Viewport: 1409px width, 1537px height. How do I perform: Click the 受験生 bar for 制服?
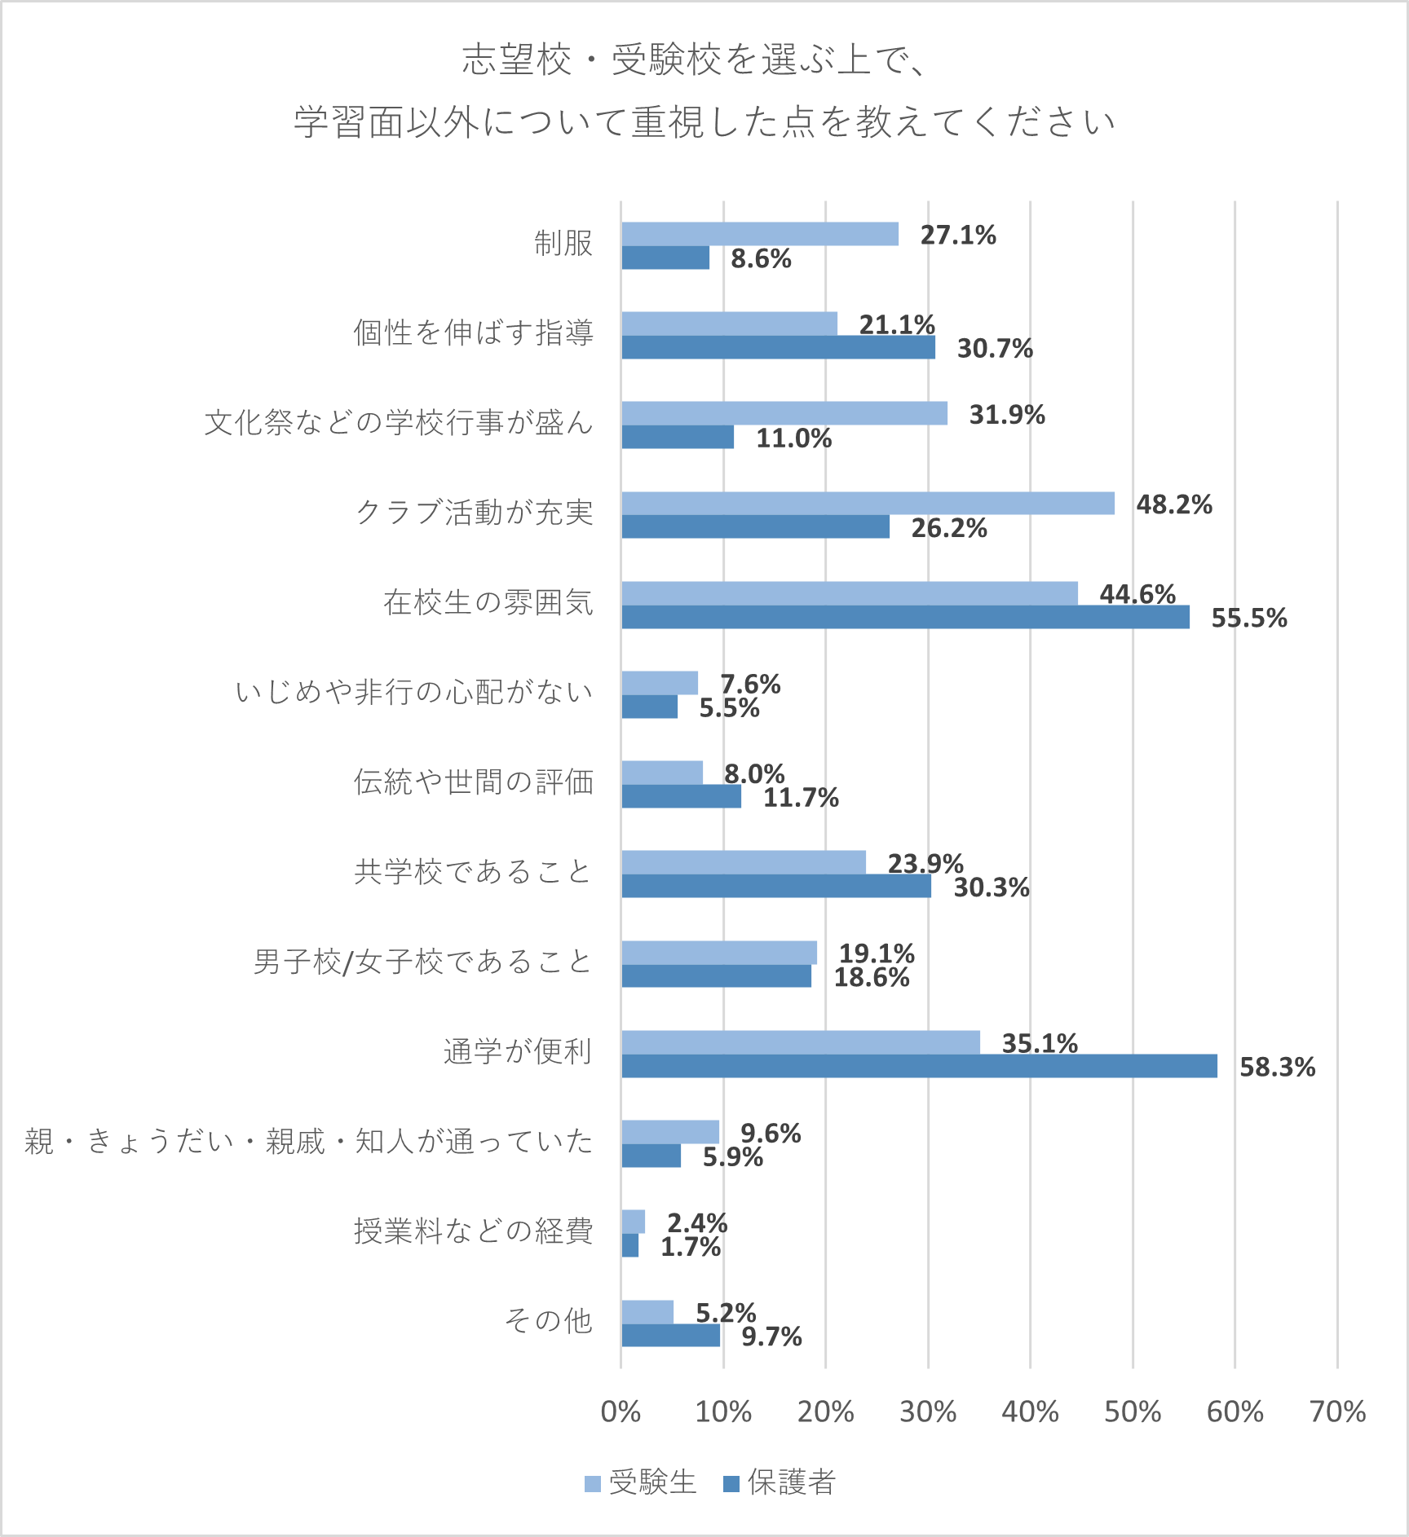[x=759, y=234]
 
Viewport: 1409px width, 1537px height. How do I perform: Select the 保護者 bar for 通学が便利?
[x=919, y=1066]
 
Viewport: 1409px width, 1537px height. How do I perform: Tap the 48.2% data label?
[x=1174, y=504]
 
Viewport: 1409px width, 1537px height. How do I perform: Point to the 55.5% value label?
[x=1248, y=618]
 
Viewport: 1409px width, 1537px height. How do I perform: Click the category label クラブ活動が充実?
[x=474, y=513]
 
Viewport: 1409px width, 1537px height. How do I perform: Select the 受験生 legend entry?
[x=641, y=1482]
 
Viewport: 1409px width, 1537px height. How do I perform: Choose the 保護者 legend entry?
[x=780, y=1482]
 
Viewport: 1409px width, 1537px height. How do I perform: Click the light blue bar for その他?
[x=647, y=1312]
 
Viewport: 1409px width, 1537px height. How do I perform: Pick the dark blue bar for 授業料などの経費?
[x=629, y=1245]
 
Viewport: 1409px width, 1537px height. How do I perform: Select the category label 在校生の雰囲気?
[x=488, y=602]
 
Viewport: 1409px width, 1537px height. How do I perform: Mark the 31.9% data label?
[x=1006, y=415]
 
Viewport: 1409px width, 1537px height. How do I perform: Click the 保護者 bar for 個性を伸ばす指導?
[x=778, y=348]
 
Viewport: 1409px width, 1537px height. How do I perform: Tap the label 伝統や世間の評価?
[x=473, y=782]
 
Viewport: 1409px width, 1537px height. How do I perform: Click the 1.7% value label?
[x=690, y=1247]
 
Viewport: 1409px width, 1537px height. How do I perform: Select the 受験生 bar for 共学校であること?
[x=743, y=862]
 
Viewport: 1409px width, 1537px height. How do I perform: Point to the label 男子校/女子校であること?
[x=422, y=962]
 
